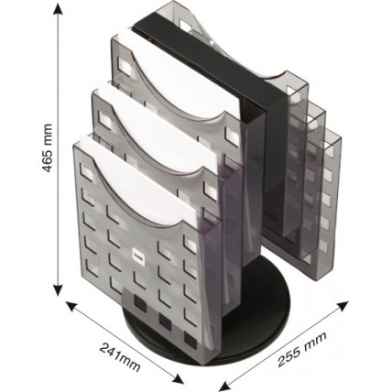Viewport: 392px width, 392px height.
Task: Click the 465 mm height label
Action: coord(47,147)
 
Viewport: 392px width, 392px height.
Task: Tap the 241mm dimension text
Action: coord(120,356)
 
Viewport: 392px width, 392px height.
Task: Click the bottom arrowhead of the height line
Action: coord(58,290)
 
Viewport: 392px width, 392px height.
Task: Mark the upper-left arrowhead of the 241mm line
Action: coord(71,306)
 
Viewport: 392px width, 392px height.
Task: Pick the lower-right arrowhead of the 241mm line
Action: coord(178,379)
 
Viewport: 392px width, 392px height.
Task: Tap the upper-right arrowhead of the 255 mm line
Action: coord(343,306)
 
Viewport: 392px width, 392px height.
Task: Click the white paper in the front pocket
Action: coord(137,180)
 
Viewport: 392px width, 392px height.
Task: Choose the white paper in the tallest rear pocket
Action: coord(180,73)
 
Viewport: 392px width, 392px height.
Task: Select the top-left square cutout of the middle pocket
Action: coord(105,118)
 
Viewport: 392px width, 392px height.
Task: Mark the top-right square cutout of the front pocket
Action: coord(190,245)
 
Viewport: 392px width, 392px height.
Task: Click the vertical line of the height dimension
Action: coord(58,150)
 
